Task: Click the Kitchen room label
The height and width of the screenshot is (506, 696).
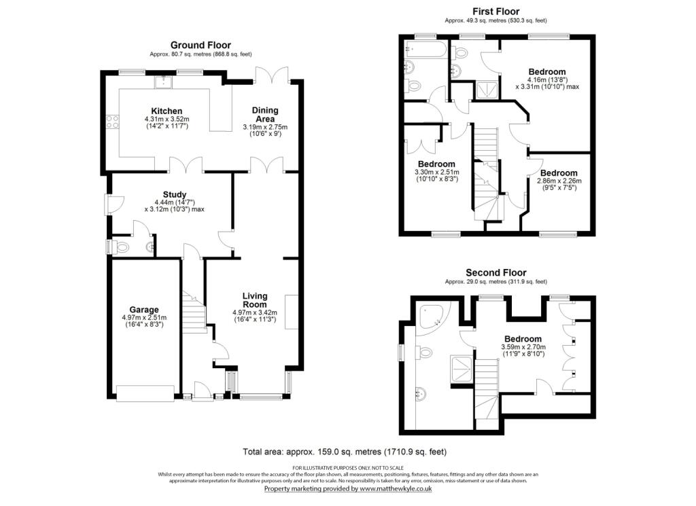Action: pyautogui.click(x=167, y=111)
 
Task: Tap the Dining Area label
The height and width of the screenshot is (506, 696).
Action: pyautogui.click(x=265, y=114)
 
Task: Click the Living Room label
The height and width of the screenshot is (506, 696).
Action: pyautogui.click(x=255, y=301)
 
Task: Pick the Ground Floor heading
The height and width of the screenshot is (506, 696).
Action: pyautogui.click(x=201, y=45)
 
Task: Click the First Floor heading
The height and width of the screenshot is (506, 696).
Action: pyautogui.click(x=495, y=12)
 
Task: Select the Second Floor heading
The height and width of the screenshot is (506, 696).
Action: pyautogui.click(x=495, y=272)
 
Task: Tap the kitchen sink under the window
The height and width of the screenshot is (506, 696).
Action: pyautogui.click(x=164, y=82)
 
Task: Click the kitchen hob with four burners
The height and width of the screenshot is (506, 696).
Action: pyautogui.click(x=113, y=123)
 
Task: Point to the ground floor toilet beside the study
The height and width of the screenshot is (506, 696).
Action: pyautogui.click(x=122, y=247)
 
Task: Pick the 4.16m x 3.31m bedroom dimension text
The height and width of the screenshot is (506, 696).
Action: pyautogui.click(x=546, y=82)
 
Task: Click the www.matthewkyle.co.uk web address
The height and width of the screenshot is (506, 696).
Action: pyautogui.click(x=396, y=488)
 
